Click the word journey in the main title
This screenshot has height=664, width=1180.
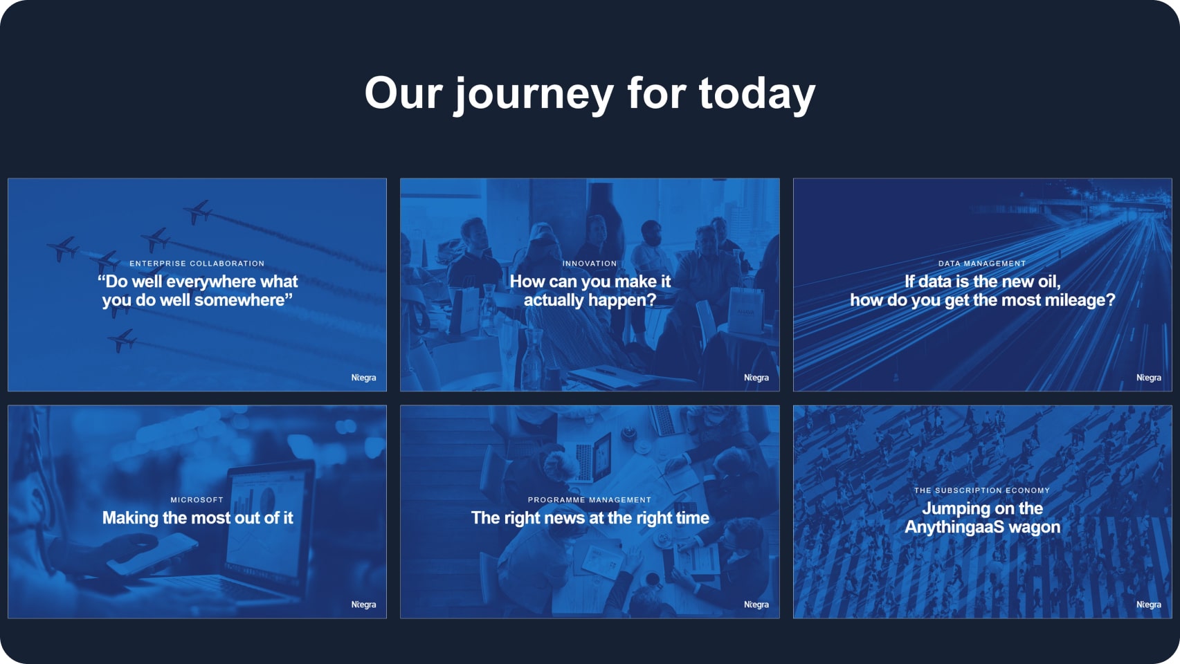click(x=534, y=93)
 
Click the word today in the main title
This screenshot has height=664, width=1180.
click(x=757, y=93)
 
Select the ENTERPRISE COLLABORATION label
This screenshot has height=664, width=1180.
click(x=197, y=264)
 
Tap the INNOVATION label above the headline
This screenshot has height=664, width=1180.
click(x=589, y=264)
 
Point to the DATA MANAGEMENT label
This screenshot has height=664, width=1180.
click(x=981, y=264)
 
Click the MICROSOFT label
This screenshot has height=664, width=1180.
click(x=197, y=499)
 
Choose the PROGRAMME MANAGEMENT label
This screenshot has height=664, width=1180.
click(x=589, y=499)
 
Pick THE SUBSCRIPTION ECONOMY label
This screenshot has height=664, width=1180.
click(x=981, y=490)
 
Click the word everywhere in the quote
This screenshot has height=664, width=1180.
click(x=212, y=282)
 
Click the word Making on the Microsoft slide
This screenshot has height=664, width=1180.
click(x=130, y=518)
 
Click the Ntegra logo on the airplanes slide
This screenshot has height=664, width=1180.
click(x=363, y=378)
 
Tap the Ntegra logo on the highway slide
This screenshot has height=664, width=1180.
click(x=1148, y=378)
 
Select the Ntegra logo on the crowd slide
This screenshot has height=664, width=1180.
click(x=1148, y=605)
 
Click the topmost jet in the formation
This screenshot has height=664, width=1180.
click(x=198, y=212)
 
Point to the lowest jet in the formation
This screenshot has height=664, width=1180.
click(x=123, y=340)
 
